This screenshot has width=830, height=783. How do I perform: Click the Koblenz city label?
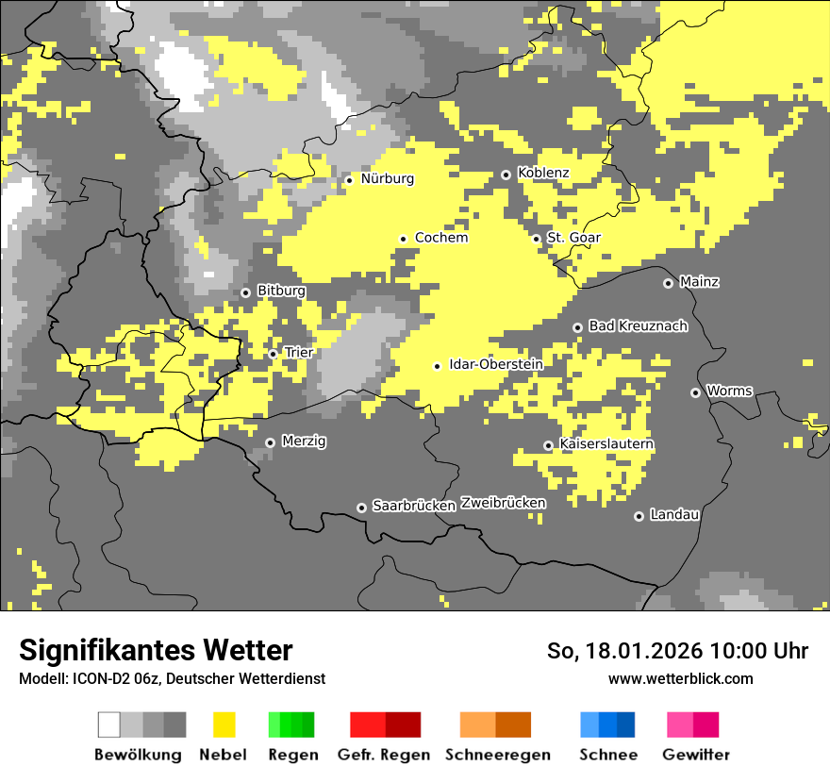pos(543,173)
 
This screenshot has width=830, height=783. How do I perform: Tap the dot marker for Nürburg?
pos(349,179)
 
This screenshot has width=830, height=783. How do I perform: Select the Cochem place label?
pos(441,238)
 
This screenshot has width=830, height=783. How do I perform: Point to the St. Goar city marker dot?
pos(537,239)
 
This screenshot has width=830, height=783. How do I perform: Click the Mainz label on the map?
pos(699,281)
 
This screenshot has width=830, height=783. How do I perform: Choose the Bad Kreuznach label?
pos(638,325)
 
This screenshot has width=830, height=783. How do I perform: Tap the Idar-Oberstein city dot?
pos(438,366)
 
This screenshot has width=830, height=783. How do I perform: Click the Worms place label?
pos(729,391)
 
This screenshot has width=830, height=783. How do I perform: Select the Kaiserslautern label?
pos(606,443)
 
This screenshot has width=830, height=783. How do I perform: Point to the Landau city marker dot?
pos(639,516)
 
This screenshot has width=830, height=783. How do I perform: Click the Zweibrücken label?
pos(503,503)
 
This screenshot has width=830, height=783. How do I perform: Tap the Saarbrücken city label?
pos(414,506)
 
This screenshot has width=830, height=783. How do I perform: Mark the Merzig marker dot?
pos(271,442)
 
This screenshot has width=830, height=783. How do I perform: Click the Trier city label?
pos(299,352)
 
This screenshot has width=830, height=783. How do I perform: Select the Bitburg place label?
pos(281,291)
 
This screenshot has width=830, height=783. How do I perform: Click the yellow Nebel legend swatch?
pos(224,725)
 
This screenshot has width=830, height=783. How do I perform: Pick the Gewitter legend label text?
pos(695,755)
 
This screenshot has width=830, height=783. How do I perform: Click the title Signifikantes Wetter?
pos(156,650)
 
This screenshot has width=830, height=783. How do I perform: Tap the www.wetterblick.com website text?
pos(680,678)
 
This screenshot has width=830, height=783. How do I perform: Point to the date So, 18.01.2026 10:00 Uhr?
pos(677,651)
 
